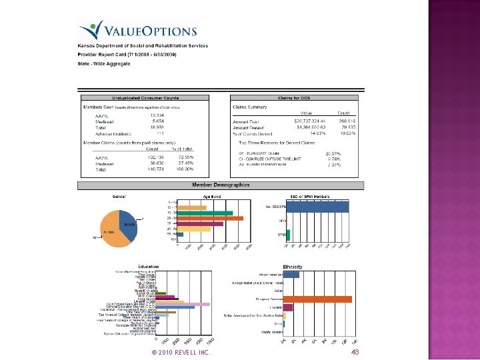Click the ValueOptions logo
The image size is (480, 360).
pyautogui.click(x=139, y=30)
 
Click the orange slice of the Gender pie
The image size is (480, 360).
pyautogui.click(x=112, y=231)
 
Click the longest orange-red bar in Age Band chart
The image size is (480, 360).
pyautogui.click(x=211, y=218)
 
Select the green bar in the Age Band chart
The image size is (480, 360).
pyautogui.click(x=205, y=213)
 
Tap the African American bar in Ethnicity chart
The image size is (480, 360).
pyautogui.click(x=291, y=274)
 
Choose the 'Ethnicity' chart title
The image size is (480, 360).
pyautogui.click(x=293, y=267)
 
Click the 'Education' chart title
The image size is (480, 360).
pyautogui.click(x=149, y=266)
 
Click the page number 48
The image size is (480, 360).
pyautogui.click(x=355, y=351)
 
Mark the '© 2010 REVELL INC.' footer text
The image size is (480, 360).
pyautogui.click(x=181, y=351)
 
